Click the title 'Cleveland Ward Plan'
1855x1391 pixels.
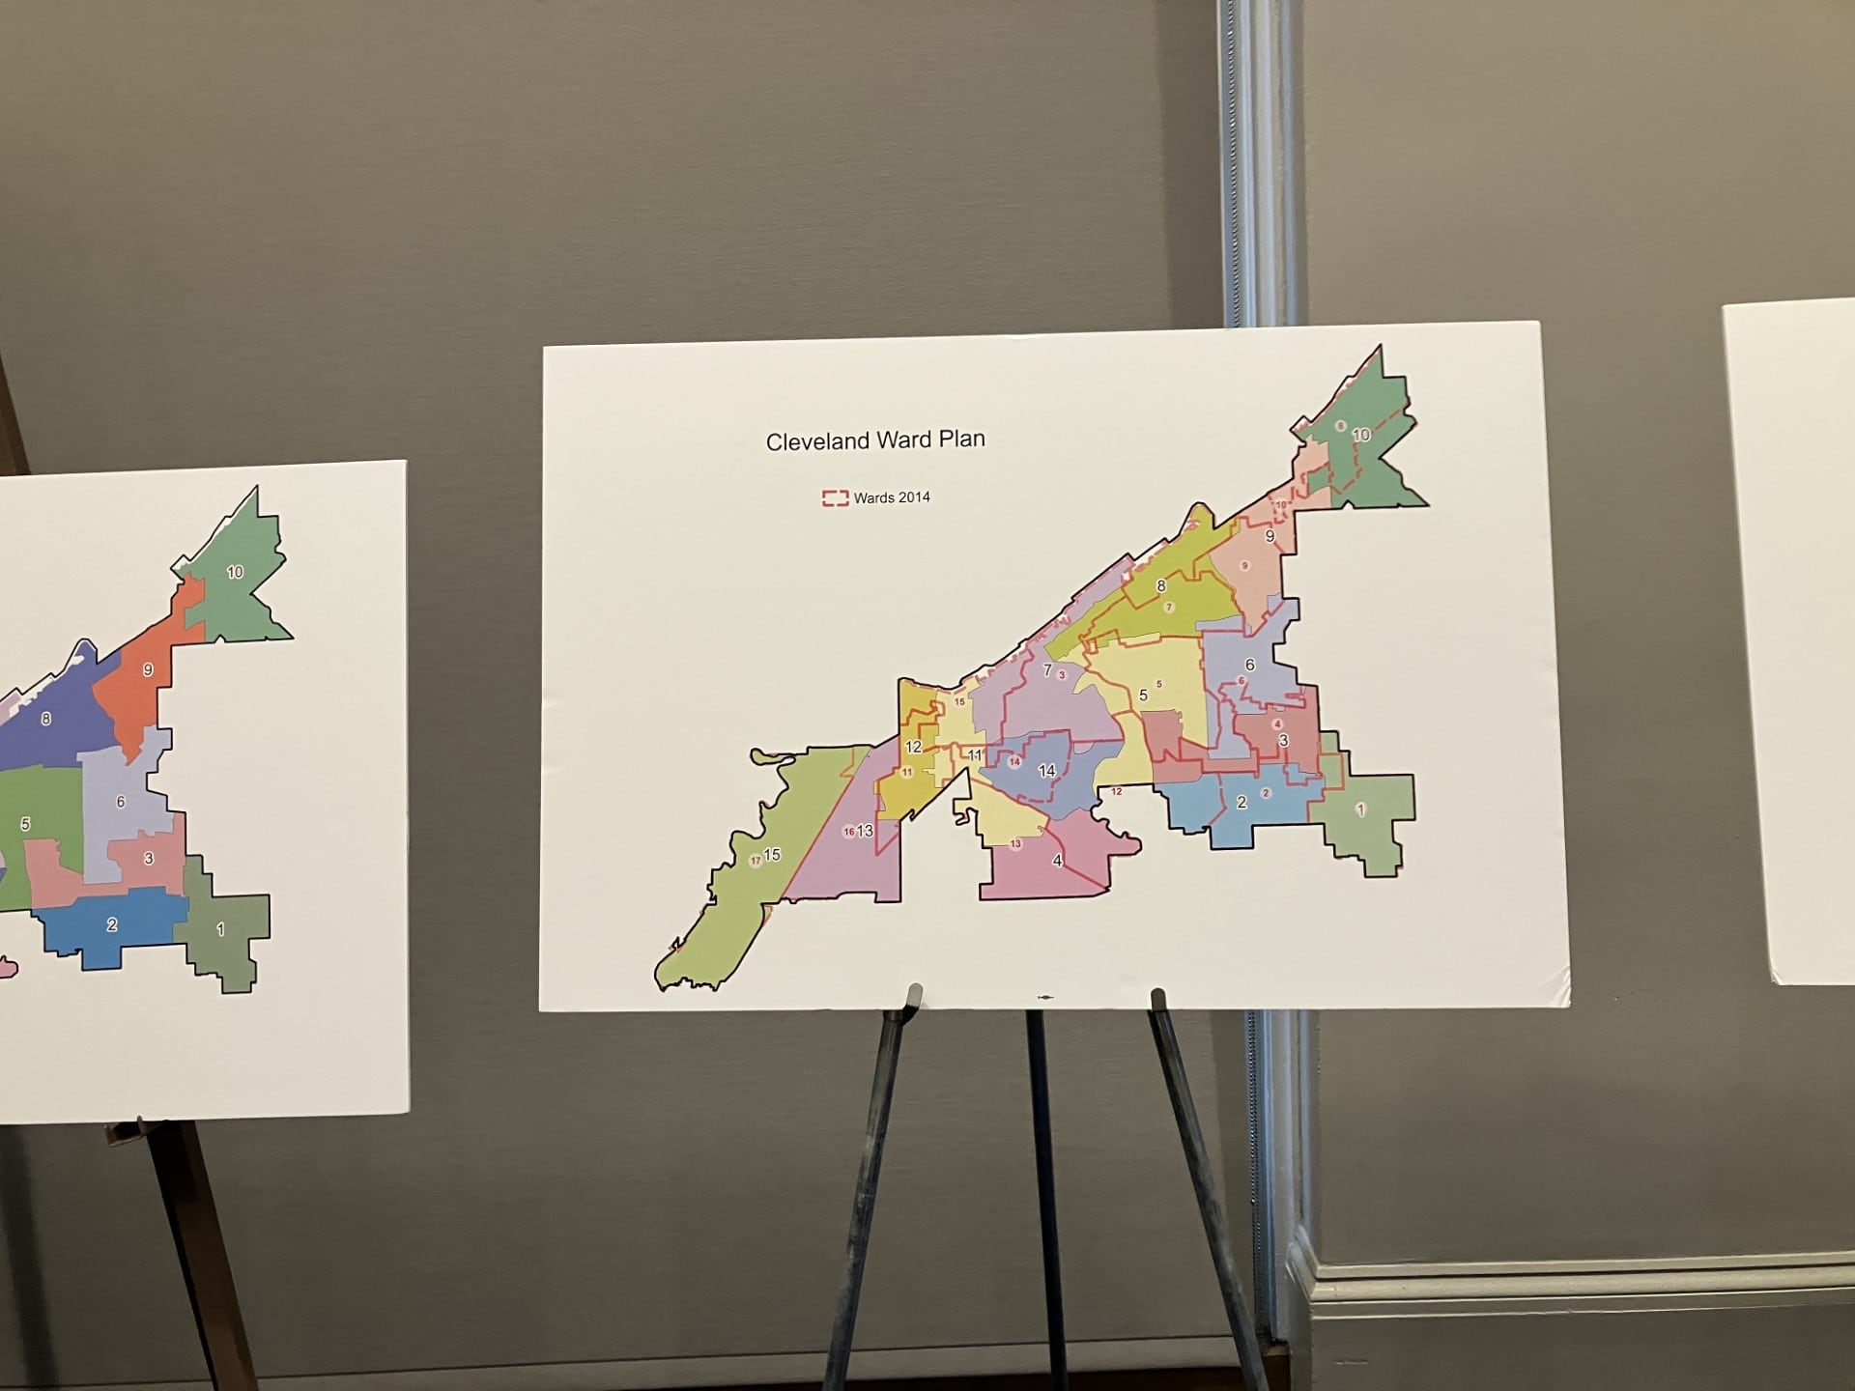[x=875, y=440]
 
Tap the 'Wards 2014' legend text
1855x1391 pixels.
[x=892, y=497]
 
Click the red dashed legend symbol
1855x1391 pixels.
[x=835, y=498]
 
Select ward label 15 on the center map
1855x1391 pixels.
[x=772, y=855]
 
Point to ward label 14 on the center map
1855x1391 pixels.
[x=1046, y=770]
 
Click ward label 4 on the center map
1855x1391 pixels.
[x=1057, y=861]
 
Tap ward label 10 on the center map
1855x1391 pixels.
[x=1360, y=436]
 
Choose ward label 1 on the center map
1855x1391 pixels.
[x=1360, y=809]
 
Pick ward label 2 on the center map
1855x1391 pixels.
[x=1241, y=802]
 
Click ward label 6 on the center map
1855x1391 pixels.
[x=1249, y=665]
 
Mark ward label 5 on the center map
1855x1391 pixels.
[x=1143, y=695]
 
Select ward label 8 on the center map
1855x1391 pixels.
[x=1161, y=585]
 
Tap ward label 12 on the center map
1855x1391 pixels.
[x=913, y=747]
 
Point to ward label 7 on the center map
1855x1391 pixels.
[x=1046, y=669]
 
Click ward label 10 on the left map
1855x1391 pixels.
[x=235, y=572]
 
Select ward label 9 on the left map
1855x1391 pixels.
[x=148, y=669]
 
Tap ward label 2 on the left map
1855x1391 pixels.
[x=112, y=924]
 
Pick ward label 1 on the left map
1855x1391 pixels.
[x=220, y=929]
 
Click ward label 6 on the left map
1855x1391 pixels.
[x=121, y=801]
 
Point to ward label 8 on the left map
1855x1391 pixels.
[x=46, y=719]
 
